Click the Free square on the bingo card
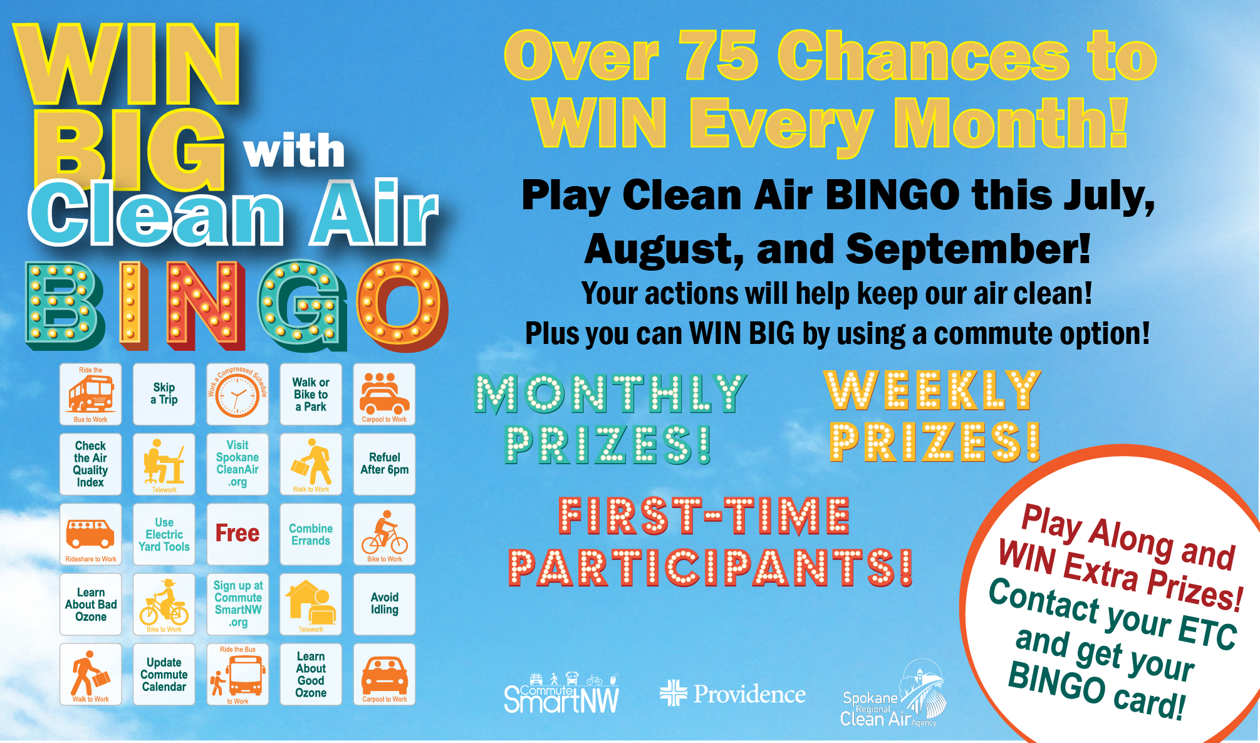[x=237, y=534]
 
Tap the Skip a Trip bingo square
[x=164, y=394]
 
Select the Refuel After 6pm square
[x=384, y=464]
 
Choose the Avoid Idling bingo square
[x=384, y=604]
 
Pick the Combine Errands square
[x=311, y=534]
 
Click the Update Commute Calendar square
[x=164, y=674]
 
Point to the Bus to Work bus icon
[x=91, y=393]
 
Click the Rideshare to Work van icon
[x=91, y=533]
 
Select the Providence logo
[x=732, y=694]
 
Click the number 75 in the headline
[x=719, y=56]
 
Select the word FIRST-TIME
[x=704, y=516]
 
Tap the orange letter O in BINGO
[x=402, y=305]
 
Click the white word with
[x=294, y=152]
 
